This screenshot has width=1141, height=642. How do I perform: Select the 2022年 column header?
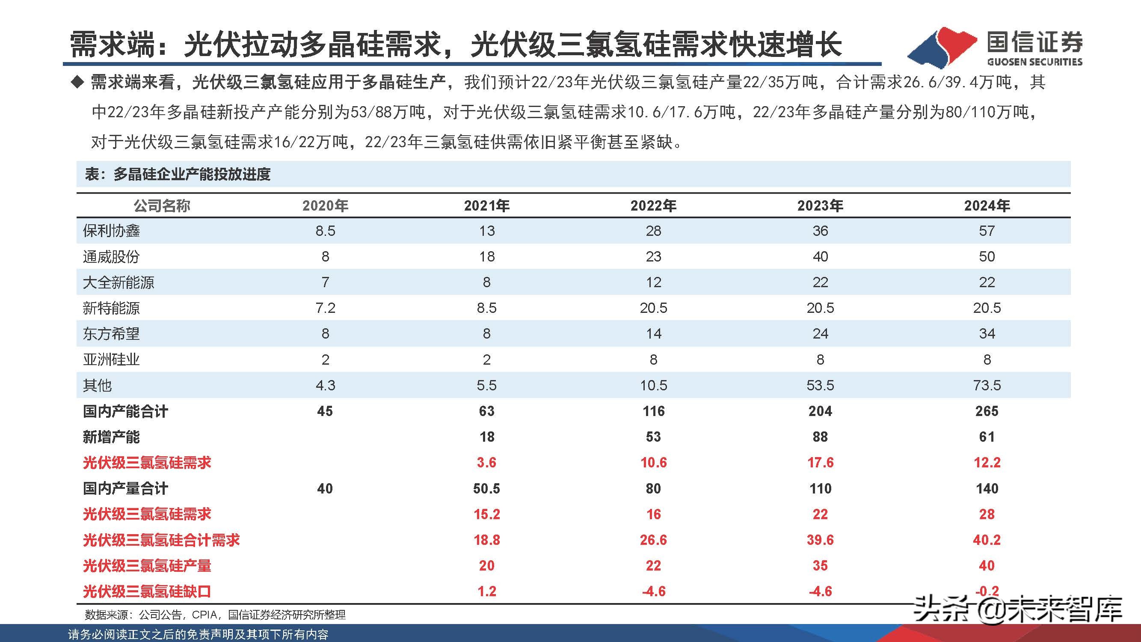[653, 205]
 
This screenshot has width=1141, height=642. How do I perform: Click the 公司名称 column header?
[162, 205]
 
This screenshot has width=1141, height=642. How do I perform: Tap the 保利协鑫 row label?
[111, 231]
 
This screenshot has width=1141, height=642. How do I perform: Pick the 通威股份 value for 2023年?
[820, 256]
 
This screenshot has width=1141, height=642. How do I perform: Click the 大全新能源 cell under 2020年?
[325, 282]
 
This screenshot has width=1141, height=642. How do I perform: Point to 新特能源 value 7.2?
[325, 308]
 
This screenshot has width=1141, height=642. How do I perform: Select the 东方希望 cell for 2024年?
[987, 334]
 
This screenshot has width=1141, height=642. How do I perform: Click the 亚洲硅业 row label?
[111, 360]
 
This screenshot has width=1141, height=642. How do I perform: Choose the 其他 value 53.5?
[820, 385]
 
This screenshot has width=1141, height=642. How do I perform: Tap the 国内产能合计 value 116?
[653, 411]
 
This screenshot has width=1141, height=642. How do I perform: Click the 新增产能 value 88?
[820, 437]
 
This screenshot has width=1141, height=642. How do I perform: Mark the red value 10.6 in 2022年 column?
[653, 463]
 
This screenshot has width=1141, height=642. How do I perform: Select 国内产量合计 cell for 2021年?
[486, 488]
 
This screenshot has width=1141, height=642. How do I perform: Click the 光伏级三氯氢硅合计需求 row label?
[161, 540]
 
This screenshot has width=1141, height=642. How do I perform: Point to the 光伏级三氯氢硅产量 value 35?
[820, 566]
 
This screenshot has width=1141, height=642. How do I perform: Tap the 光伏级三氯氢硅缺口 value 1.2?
[486, 591]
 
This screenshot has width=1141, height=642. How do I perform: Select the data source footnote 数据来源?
[215, 615]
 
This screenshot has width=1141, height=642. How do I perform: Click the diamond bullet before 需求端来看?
[78, 83]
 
